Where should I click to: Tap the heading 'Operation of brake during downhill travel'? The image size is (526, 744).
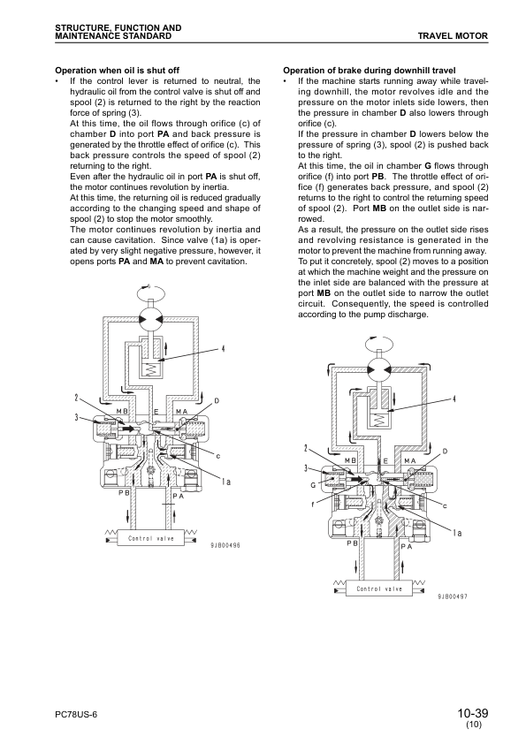pyautogui.click(x=370, y=69)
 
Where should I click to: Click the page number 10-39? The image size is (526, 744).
pyautogui.click(x=473, y=712)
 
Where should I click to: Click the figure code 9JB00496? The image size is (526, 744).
pyautogui.click(x=225, y=545)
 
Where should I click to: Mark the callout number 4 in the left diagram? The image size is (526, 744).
pyautogui.click(x=223, y=349)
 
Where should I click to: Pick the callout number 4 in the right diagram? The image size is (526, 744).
pyautogui.click(x=454, y=399)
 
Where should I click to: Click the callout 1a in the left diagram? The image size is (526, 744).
pyautogui.click(x=227, y=481)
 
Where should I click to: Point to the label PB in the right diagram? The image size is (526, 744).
pyautogui.click(x=352, y=544)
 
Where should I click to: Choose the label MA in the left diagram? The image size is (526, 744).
pyautogui.click(x=181, y=411)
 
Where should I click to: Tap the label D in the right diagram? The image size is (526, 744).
pyautogui.click(x=445, y=452)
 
